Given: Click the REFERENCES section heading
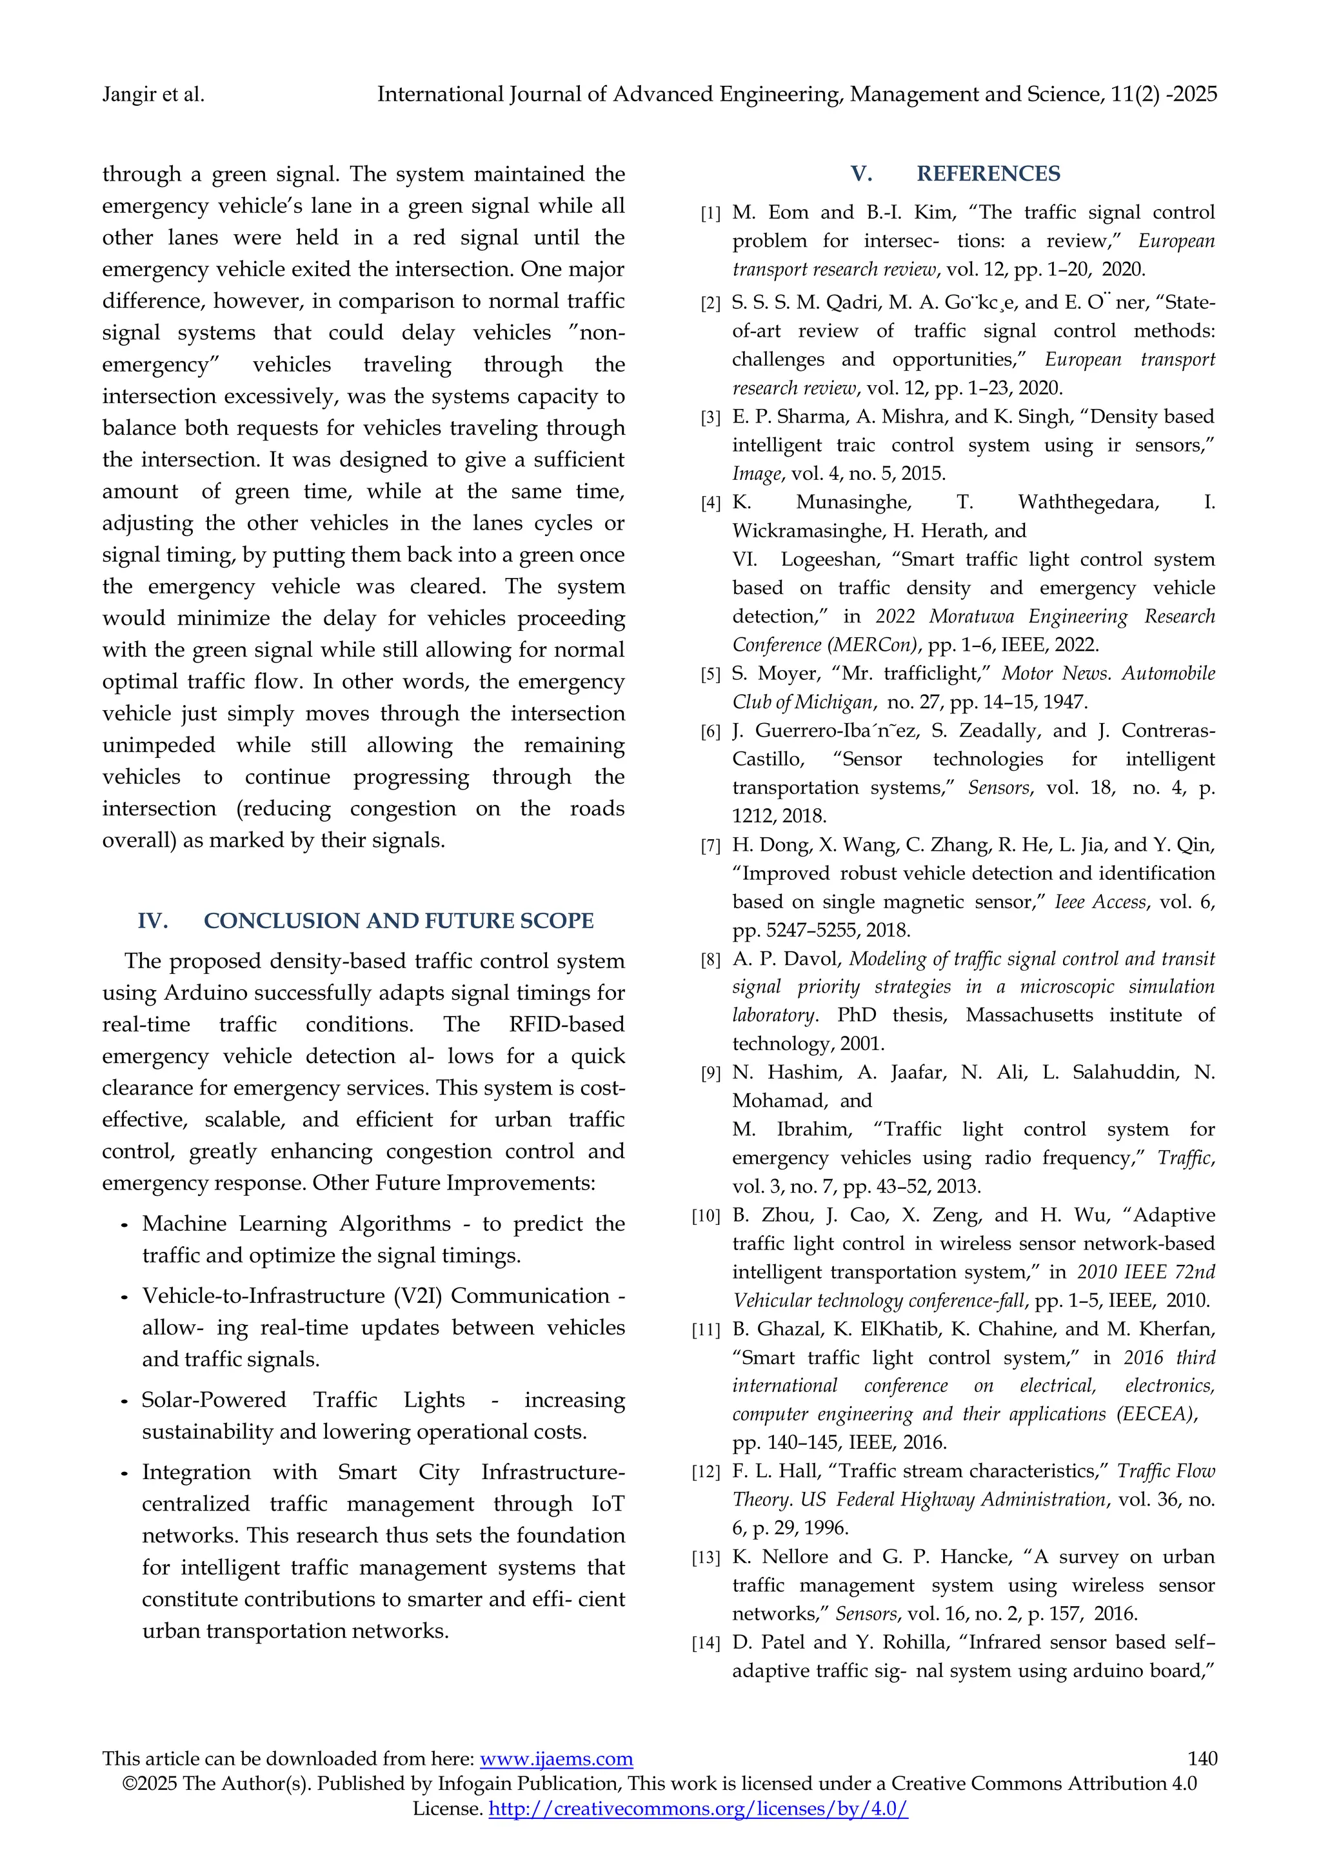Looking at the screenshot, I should tap(988, 174).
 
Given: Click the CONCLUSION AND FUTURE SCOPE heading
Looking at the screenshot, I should tap(398, 920).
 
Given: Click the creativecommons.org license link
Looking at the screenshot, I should tap(697, 1809).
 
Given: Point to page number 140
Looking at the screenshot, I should tap(1202, 1758).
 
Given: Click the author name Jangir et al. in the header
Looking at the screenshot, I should tap(153, 94).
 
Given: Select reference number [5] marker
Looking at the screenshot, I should tap(710, 675).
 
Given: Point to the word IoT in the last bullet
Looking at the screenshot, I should tap(607, 1504).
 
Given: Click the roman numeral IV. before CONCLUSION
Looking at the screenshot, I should tap(153, 920).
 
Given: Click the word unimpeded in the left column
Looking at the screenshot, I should tap(159, 744).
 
